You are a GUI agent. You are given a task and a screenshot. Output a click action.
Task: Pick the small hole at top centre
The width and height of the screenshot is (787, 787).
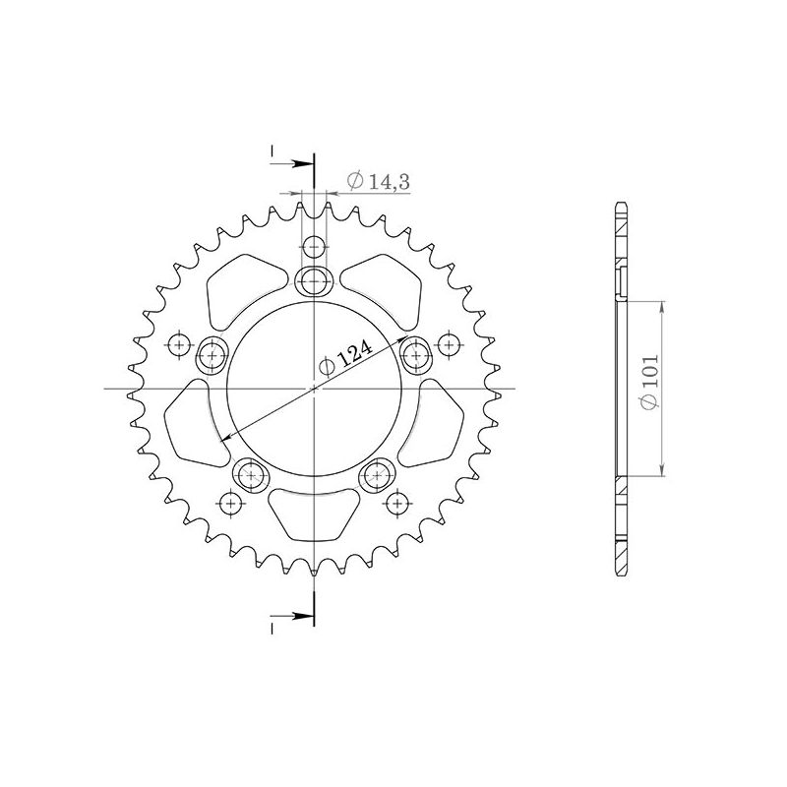pos(314,247)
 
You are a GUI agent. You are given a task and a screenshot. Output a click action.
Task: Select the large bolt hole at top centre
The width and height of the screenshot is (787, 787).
pos(314,281)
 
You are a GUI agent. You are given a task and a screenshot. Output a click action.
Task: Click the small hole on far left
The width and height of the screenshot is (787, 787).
pos(179,344)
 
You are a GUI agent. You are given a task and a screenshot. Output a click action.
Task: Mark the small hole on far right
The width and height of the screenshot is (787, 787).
pos(449,344)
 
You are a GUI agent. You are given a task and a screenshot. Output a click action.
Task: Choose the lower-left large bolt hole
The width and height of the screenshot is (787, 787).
pos(251,475)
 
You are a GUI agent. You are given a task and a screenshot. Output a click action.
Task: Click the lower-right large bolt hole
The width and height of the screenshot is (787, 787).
pos(377,475)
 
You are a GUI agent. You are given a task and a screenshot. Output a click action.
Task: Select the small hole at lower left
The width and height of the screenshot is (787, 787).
pos(231,504)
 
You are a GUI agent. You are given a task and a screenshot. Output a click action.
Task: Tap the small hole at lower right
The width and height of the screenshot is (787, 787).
pos(396,504)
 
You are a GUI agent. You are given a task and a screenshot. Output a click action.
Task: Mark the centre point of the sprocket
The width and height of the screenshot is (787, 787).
pos(314,389)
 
